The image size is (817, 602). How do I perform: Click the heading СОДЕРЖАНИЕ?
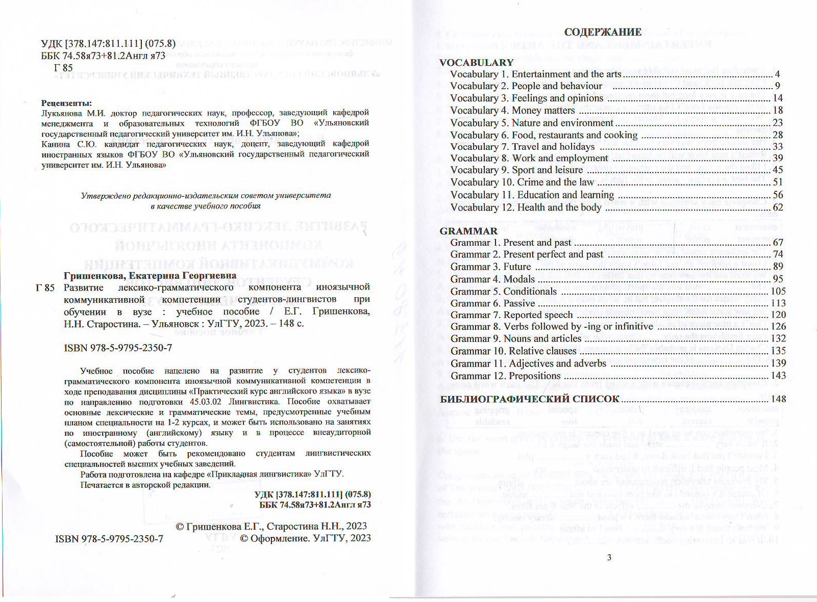click(x=603, y=32)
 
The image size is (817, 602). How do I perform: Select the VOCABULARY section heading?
click(x=476, y=63)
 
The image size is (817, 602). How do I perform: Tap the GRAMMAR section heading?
click(x=468, y=231)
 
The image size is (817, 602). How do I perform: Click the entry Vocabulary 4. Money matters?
click(x=512, y=111)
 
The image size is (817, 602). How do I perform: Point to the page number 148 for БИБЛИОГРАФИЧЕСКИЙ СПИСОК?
click(x=779, y=399)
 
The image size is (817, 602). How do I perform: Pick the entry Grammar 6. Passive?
click(x=492, y=303)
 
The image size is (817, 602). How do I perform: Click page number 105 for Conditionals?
click(x=778, y=291)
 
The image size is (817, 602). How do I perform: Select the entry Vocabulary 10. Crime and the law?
click(x=522, y=182)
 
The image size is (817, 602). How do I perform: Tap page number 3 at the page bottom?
click(x=609, y=557)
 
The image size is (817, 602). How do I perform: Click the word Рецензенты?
click(x=66, y=103)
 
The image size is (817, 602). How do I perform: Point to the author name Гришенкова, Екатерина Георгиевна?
click(x=150, y=276)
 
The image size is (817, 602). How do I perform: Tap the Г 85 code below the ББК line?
click(x=63, y=68)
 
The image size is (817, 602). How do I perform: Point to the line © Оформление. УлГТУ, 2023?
click(x=305, y=538)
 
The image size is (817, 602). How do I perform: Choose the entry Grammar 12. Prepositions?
click(x=505, y=376)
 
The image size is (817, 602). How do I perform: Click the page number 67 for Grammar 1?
click(x=778, y=243)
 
